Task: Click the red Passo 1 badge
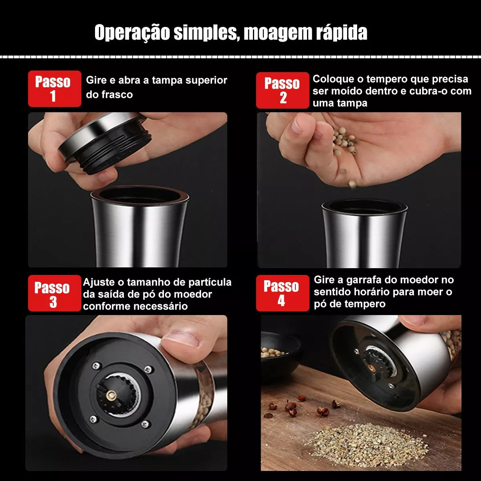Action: coord(54,89)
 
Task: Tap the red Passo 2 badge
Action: coord(282,90)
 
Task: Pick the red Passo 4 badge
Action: coord(282,293)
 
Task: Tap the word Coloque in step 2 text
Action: coord(333,79)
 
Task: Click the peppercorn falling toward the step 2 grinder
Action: coord(352,184)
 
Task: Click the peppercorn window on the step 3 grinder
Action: coord(204,397)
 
